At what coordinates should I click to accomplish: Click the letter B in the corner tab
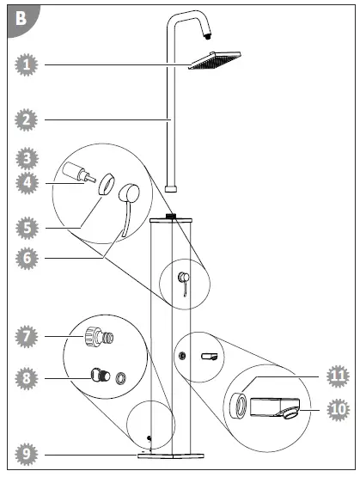[21, 17]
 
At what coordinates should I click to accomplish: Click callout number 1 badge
[28, 64]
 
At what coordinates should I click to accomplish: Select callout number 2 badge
[28, 120]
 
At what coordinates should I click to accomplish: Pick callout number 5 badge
[28, 228]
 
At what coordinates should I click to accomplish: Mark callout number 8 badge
[28, 376]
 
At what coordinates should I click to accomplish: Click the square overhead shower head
[215, 61]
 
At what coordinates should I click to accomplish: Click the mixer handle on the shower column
[181, 281]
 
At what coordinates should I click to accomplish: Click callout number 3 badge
[28, 159]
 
